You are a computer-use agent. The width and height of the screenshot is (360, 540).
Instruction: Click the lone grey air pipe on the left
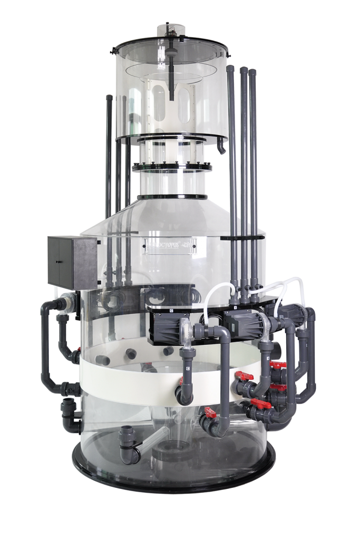108,158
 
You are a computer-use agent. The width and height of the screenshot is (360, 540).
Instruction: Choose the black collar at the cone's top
171,198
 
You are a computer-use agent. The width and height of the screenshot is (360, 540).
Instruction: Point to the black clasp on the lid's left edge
113,50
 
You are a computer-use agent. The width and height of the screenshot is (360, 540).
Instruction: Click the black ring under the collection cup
171,138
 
